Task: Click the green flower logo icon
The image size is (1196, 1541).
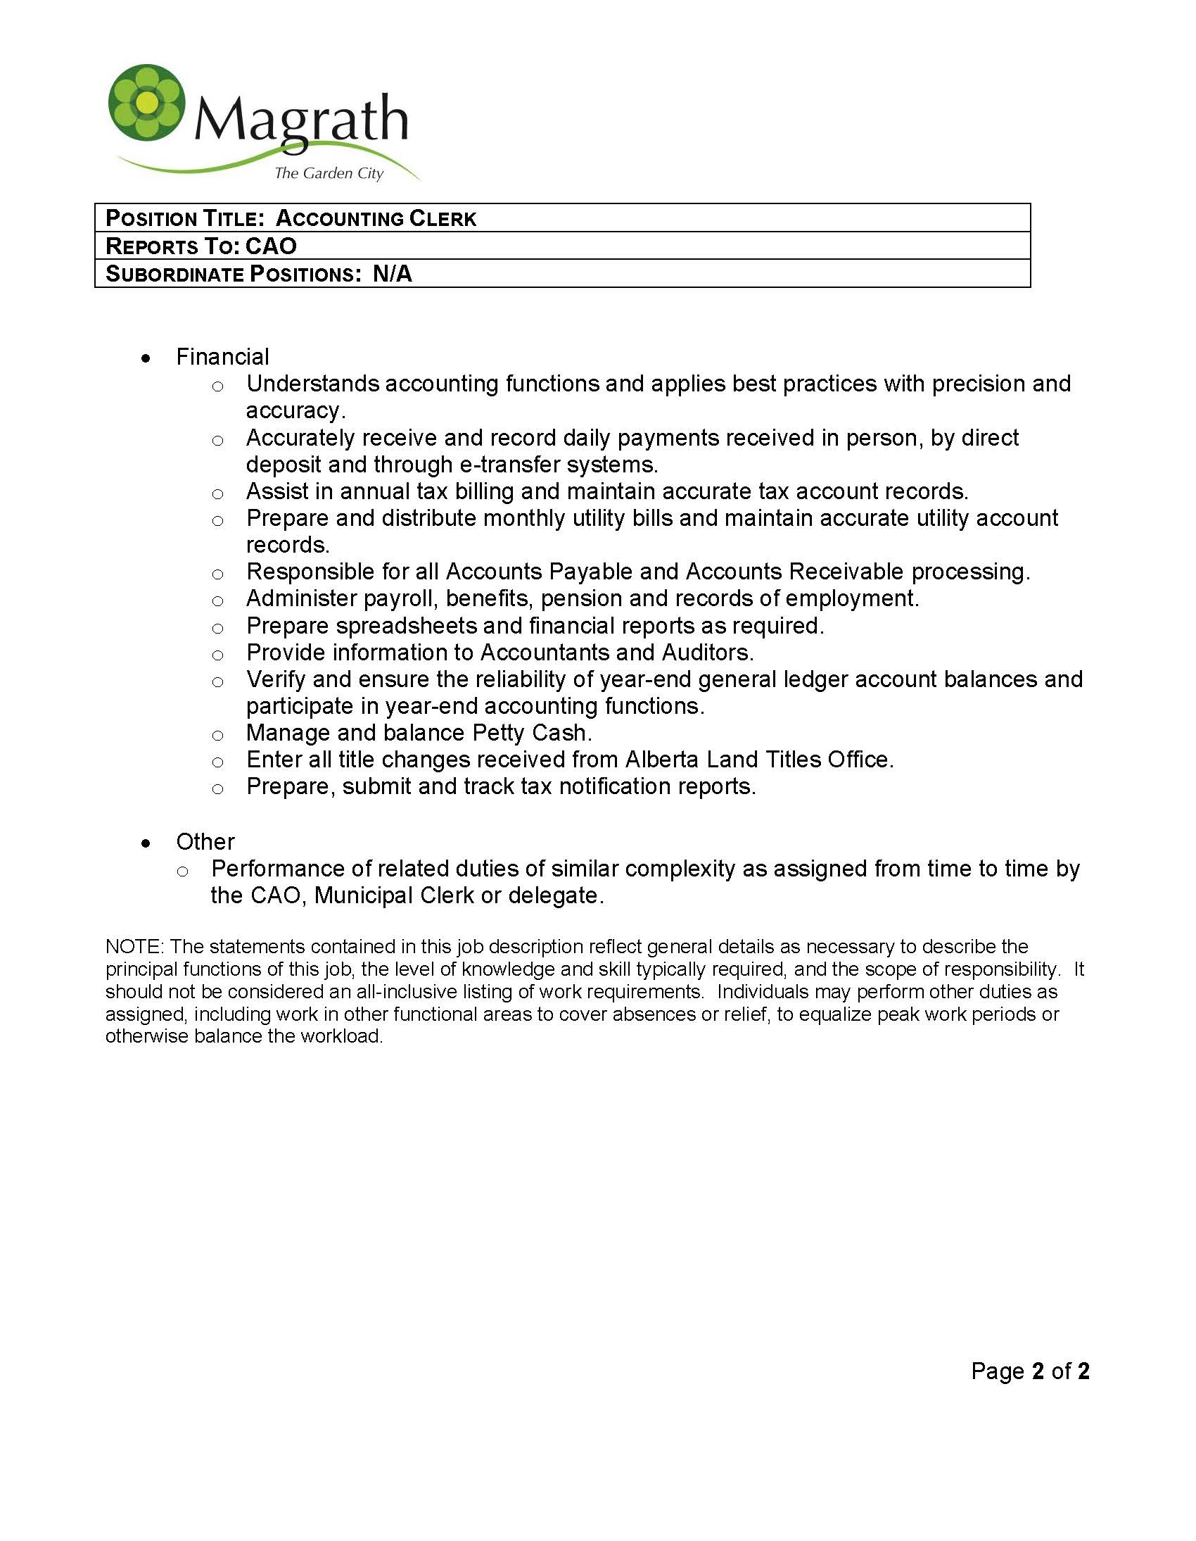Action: (146, 103)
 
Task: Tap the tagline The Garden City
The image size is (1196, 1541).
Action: (329, 174)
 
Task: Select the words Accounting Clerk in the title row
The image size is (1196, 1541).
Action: (376, 219)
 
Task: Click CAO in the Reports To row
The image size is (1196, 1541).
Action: (271, 246)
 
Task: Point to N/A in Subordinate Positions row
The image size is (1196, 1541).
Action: (392, 274)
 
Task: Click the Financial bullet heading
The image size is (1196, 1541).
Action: (222, 357)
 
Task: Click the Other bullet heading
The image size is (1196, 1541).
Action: (205, 842)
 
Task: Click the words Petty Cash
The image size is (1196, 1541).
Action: (531, 733)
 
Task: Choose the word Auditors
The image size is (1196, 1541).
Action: (706, 653)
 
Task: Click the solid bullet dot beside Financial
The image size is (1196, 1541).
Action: (146, 359)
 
